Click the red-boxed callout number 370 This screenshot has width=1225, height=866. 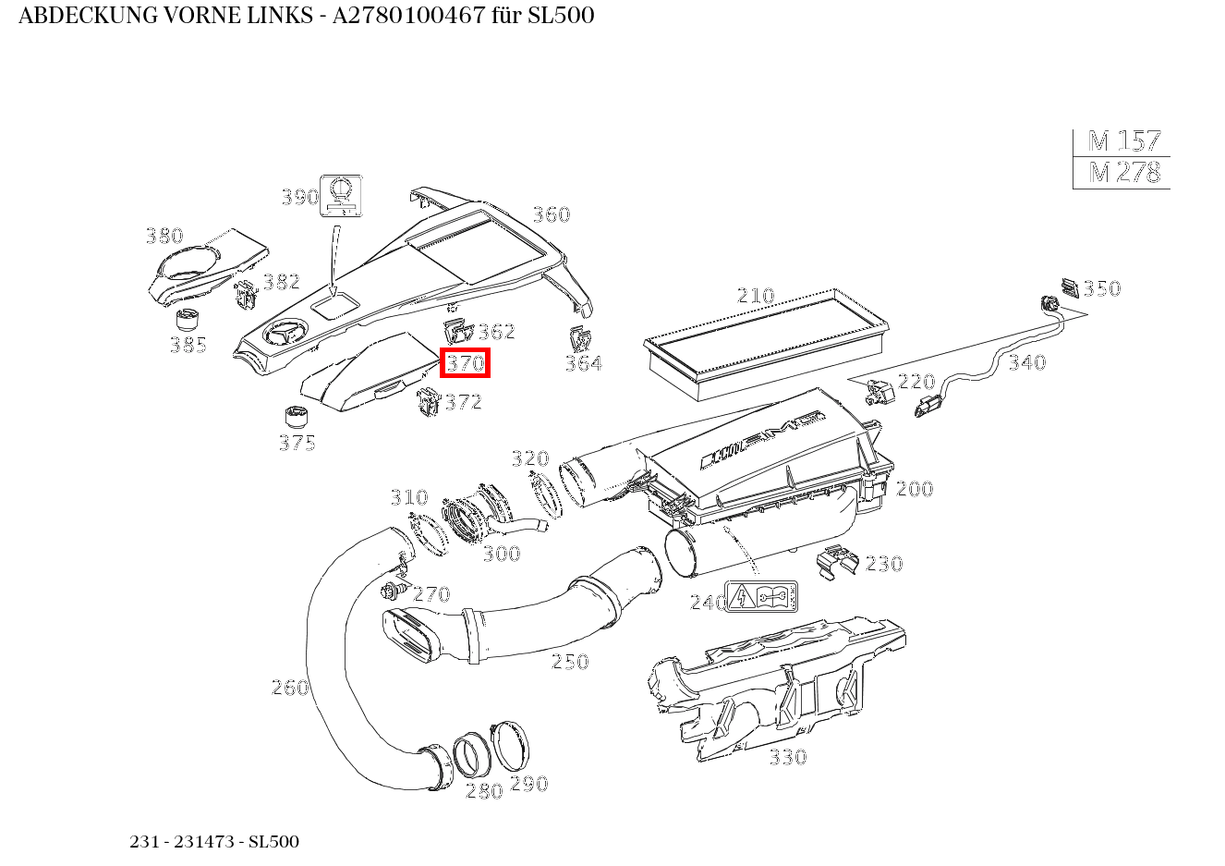click(465, 363)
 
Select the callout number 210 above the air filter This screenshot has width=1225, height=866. click(755, 296)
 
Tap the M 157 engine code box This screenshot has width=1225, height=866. click(1122, 141)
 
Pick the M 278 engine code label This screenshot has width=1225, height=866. click(1122, 173)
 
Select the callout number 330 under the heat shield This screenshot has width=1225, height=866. click(787, 758)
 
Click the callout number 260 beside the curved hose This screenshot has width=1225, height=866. click(289, 688)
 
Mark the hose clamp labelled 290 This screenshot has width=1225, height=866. click(511, 745)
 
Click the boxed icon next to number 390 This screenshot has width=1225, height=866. click(340, 195)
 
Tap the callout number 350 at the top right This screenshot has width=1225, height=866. click(1101, 288)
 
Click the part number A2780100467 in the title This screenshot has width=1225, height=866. click(409, 16)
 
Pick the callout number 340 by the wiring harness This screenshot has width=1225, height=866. click(1026, 362)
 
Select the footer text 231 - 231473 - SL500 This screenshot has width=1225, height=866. click(214, 842)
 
